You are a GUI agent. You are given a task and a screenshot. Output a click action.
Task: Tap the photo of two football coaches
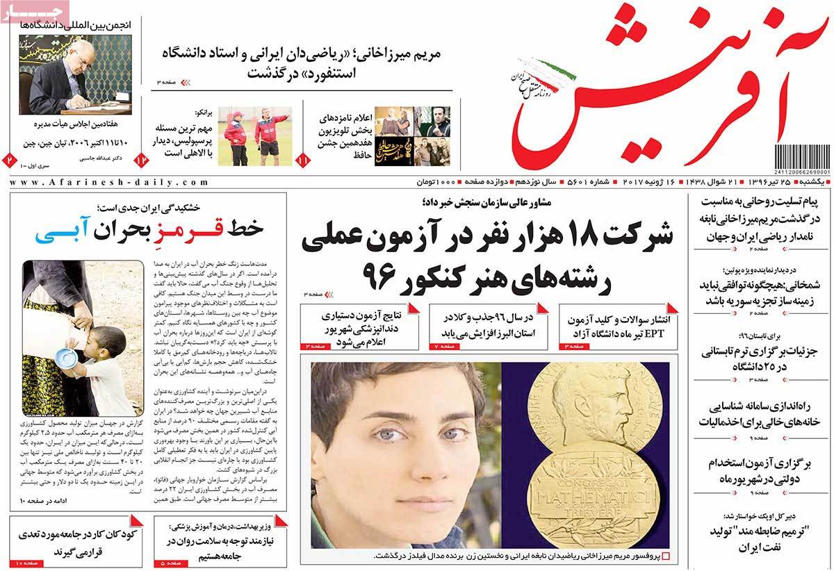[253, 135]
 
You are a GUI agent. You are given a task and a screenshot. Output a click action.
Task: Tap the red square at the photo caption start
[666, 556]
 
